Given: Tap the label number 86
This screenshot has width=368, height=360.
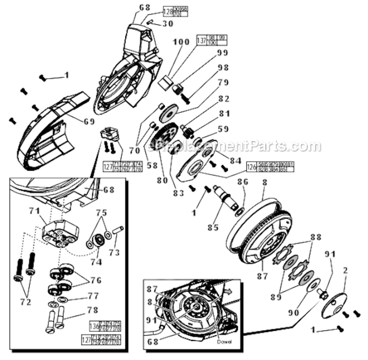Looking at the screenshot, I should pyautogui.click(x=243, y=182).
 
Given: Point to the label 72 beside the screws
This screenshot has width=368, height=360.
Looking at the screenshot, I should pyautogui.click(x=25, y=302).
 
